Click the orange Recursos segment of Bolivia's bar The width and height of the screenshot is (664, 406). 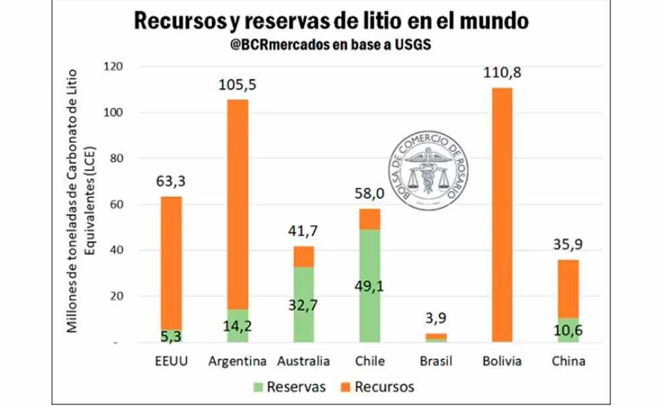pos(502,214)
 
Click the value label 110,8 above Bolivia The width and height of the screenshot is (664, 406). pos(502,72)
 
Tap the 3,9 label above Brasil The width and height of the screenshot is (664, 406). pos(436,319)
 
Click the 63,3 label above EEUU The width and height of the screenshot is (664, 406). pos(171,182)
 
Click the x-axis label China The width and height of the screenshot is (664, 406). pos(569,362)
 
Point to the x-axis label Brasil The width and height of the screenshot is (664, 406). pos(436,362)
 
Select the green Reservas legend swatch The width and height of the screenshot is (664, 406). pos(256,387)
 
